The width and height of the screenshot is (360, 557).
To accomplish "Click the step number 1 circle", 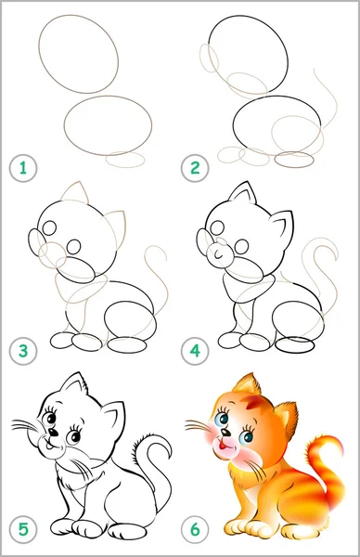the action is (x=23, y=168).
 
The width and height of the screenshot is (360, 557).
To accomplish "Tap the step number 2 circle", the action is (x=195, y=168).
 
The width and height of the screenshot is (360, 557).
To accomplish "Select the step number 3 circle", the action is (x=23, y=351).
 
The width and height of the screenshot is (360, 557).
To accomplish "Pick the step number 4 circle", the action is (x=195, y=351).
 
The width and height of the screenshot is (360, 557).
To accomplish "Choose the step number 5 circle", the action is (x=23, y=530).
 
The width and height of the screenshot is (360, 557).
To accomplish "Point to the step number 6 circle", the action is (x=195, y=530).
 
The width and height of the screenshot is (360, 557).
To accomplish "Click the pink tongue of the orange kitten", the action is (x=222, y=444).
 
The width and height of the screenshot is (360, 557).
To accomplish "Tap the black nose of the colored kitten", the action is (x=225, y=433).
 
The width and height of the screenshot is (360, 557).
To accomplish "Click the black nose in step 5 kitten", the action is (x=53, y=433).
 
